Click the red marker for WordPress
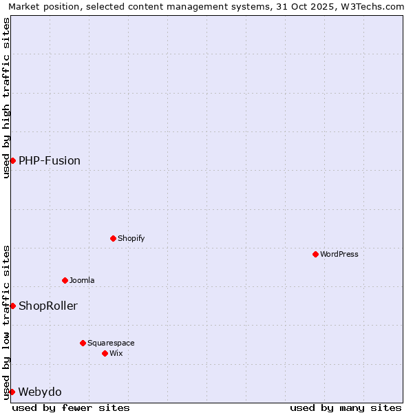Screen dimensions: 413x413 pos(315,254)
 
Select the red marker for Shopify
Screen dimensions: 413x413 pos(113,238)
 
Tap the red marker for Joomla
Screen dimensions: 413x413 pos(65,280)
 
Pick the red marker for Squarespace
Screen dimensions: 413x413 pos(83,343)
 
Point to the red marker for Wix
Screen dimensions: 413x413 pos(105,353)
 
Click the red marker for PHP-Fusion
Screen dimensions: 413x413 pos(12,160)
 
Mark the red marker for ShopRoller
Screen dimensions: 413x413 pos(12,306)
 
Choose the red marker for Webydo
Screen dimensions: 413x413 pos(12,392)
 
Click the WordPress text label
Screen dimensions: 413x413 pos(339,255)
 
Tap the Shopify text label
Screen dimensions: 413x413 pos(131,239)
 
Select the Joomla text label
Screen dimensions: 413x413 pos(82,281)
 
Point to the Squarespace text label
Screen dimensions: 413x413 pos(111,343)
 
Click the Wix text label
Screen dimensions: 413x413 pos(116,354)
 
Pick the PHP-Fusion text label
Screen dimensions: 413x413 pos(50,161)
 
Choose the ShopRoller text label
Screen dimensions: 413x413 pos(48,306)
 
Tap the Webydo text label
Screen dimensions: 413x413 pos(40,392)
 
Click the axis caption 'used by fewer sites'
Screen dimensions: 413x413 pos(71,408)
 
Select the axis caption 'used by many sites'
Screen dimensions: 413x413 pos(346,408)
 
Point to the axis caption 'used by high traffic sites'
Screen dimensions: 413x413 pos(6,98)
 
